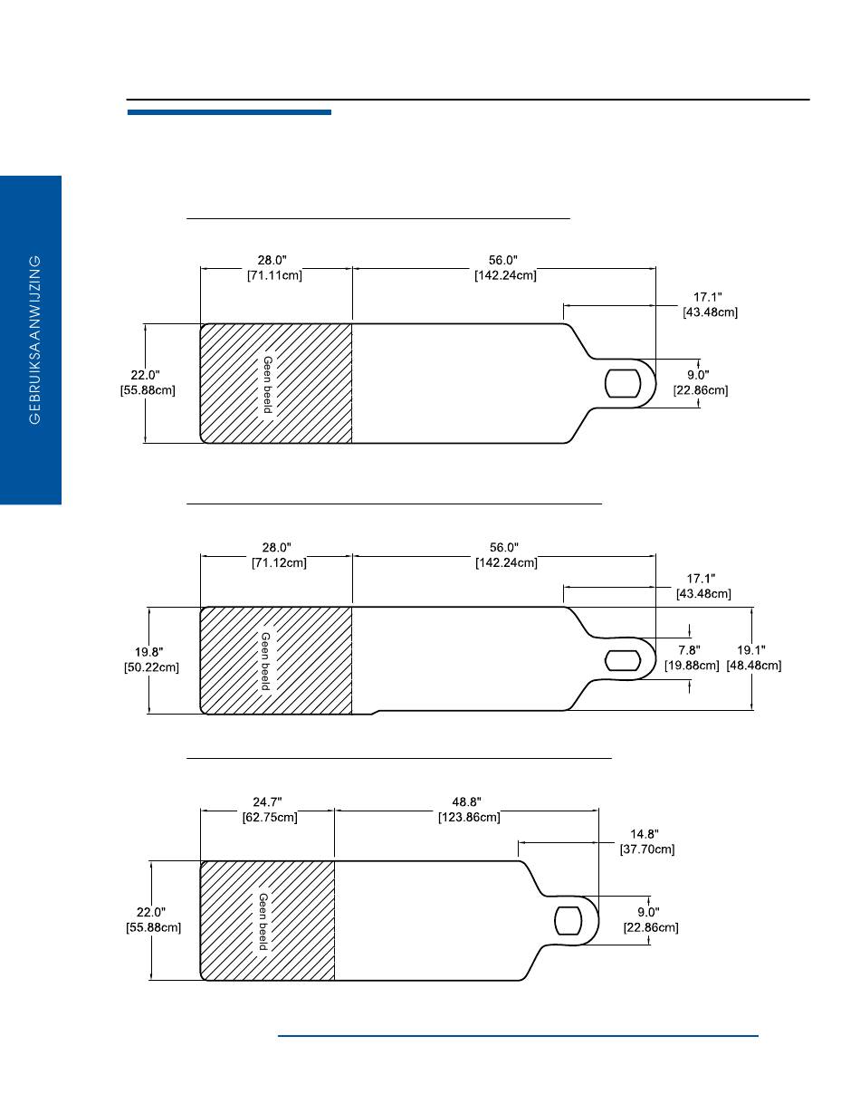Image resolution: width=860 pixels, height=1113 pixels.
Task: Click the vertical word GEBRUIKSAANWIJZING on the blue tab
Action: (x=34, y=340)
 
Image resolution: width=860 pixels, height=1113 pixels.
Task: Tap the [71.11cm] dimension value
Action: (x=274, y=275)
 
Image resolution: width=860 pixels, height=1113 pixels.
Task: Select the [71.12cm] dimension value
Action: (x=279, y=563)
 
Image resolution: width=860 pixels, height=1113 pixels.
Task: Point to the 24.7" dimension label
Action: (x=267, y=801)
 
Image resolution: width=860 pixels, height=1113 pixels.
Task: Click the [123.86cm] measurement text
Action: (x=469, y=817)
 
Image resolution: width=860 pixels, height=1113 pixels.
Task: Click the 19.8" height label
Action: (x=149, y=652)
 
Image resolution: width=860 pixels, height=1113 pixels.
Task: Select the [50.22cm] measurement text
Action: (x=151, y=667)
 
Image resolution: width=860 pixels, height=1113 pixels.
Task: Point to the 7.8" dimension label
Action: (x=689, y=650)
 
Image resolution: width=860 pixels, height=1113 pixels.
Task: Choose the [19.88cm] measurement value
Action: (x=692, y=666)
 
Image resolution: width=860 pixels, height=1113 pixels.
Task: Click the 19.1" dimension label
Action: (x=751, y=650)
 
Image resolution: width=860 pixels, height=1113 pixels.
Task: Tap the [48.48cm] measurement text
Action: (x=753, y=666)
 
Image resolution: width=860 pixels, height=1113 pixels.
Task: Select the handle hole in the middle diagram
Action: (x=623, y=660)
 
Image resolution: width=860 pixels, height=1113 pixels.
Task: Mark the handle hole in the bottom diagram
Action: (x=569, y=920)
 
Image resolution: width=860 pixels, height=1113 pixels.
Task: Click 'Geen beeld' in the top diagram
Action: (x=267, y=384)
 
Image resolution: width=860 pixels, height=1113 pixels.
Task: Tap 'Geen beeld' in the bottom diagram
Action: (x=263, y=921)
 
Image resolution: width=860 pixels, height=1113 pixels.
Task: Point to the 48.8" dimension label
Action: (x=466, y=801)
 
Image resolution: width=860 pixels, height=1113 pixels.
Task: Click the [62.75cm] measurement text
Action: (x=270, y=817)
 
